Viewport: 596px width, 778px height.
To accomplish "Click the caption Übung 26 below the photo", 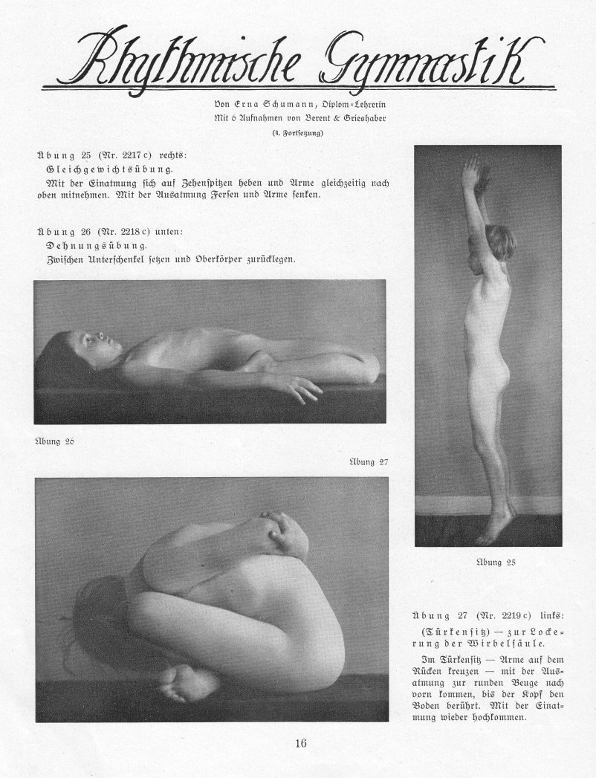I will point(53,441).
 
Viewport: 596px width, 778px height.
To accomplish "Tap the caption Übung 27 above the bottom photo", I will point(369,461).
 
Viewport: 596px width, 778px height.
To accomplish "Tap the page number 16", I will point(301,742).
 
